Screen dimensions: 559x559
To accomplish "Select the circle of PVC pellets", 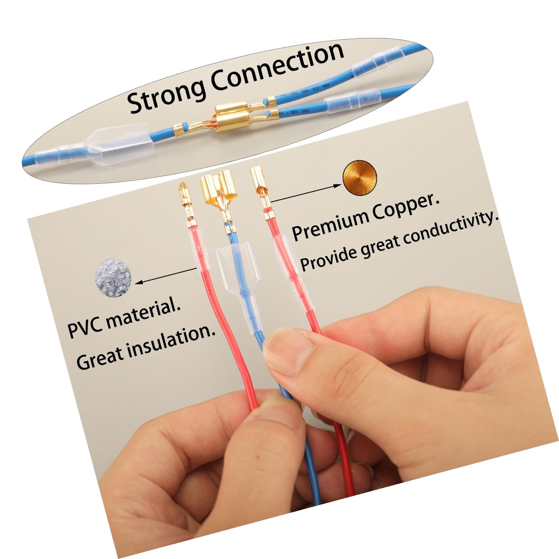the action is coord(113,279).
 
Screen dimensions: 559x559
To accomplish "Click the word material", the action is coord(143,314).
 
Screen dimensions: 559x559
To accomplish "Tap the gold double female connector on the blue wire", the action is coord(218,190).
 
